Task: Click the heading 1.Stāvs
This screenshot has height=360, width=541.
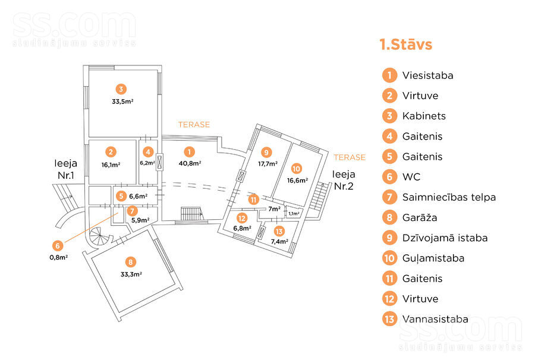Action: coord(405,45)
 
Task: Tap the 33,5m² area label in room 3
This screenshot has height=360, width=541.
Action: coord(122,102)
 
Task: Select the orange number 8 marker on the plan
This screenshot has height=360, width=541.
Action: coord(130,262)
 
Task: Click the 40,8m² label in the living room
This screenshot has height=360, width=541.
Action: coord(190,163)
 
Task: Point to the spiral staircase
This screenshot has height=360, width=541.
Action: coord(99,236)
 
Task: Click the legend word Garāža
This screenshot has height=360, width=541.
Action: coord(420,217)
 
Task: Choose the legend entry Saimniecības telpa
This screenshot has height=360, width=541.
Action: coord(449,197)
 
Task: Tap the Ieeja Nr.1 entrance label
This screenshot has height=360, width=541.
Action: coord(65,169)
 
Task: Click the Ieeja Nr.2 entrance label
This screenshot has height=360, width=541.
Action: coord(344,180)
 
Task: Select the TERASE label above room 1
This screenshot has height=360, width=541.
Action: coord(194,125)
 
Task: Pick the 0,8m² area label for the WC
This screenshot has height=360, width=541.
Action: coord(59,257)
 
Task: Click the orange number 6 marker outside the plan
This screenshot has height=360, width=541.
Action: coord(58,245)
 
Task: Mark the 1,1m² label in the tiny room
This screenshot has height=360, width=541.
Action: coord(294,214)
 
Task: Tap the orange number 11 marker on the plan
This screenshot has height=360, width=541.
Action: coord(254,200)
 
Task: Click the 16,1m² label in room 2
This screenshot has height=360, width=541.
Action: coord(111,165)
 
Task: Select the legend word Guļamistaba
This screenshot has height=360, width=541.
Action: coord(433,258)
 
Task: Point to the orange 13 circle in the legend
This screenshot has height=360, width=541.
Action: coord(389,319)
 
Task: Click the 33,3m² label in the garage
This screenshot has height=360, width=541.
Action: coord(131,274)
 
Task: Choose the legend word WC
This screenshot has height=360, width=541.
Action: coord(411,177)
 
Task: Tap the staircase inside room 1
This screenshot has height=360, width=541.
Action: coord(192,214)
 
